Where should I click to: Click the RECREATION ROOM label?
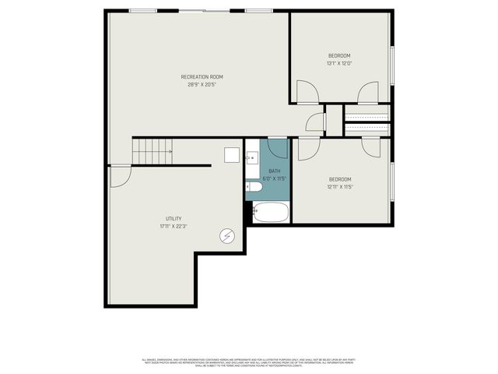[x=202, y=76]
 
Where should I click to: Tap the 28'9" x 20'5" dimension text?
[x=202, y=85]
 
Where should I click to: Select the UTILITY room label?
[x=174, y=218]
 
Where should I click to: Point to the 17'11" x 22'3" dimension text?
[x=174, y=227]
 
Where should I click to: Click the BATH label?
[x=275, y=171]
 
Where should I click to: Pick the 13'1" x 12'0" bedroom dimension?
[x=339, y=63]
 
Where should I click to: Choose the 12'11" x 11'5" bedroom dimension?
[x=339, y=187]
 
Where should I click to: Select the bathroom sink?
[x=252, y=159]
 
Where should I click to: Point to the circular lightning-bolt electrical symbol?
[x=227, y=235]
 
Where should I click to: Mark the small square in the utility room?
[x=232, y=154]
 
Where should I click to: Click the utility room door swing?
[x=119, y=176]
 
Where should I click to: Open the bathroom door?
[x=278, y=147]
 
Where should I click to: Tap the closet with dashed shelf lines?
[x=367, y=120]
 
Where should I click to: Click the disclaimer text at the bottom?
[x=248, y=362]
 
